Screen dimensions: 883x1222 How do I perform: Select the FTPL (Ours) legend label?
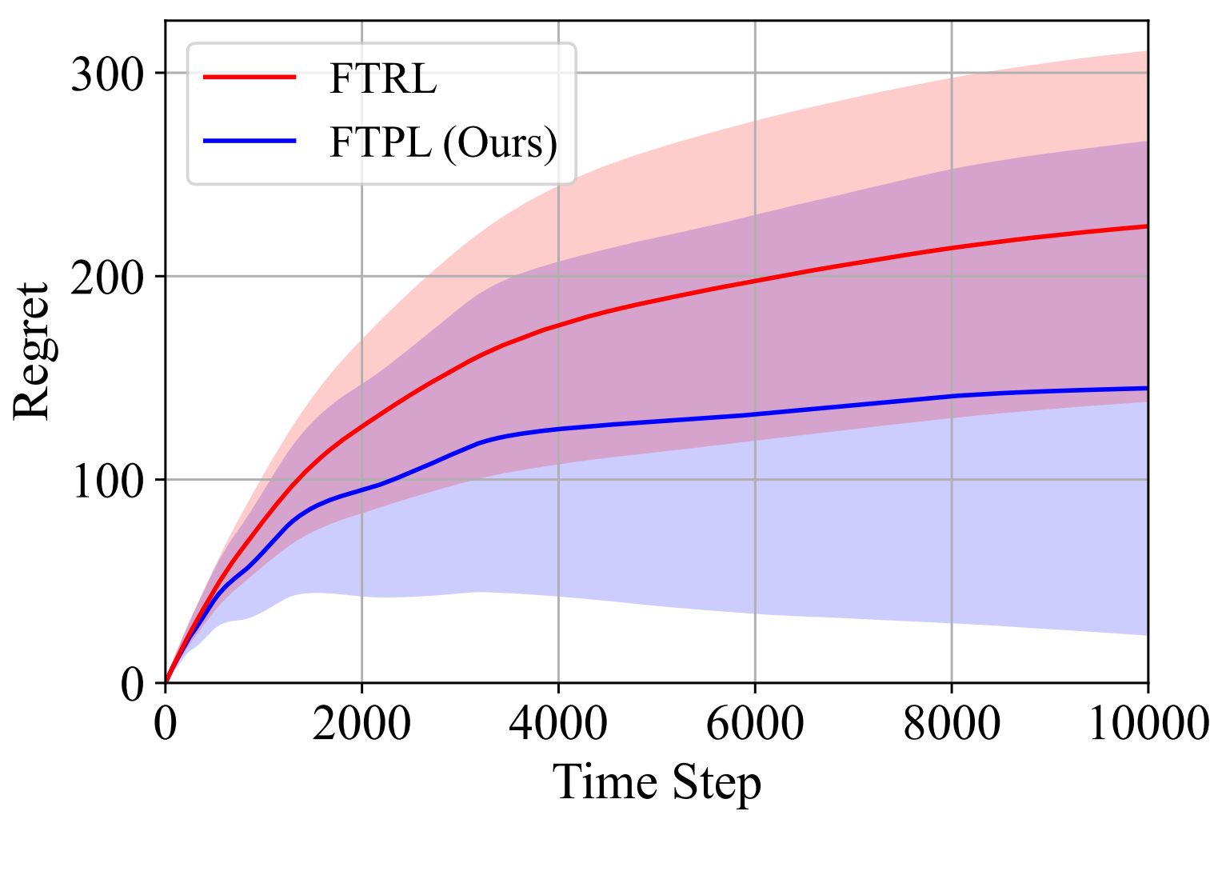442,143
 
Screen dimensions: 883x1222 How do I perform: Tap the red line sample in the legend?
250,77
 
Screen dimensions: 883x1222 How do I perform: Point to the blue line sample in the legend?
250,141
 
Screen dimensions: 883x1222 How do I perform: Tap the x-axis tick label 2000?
361,725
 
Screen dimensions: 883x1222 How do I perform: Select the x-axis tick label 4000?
558,725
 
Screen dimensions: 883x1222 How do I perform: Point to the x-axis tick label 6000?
755,725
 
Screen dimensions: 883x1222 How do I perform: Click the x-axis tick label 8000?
952,725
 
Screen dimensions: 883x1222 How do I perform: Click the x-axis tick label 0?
166,725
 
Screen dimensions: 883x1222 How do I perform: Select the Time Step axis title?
657,782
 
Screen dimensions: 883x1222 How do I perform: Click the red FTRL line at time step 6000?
755,281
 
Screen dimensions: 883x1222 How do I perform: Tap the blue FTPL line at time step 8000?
952,396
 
